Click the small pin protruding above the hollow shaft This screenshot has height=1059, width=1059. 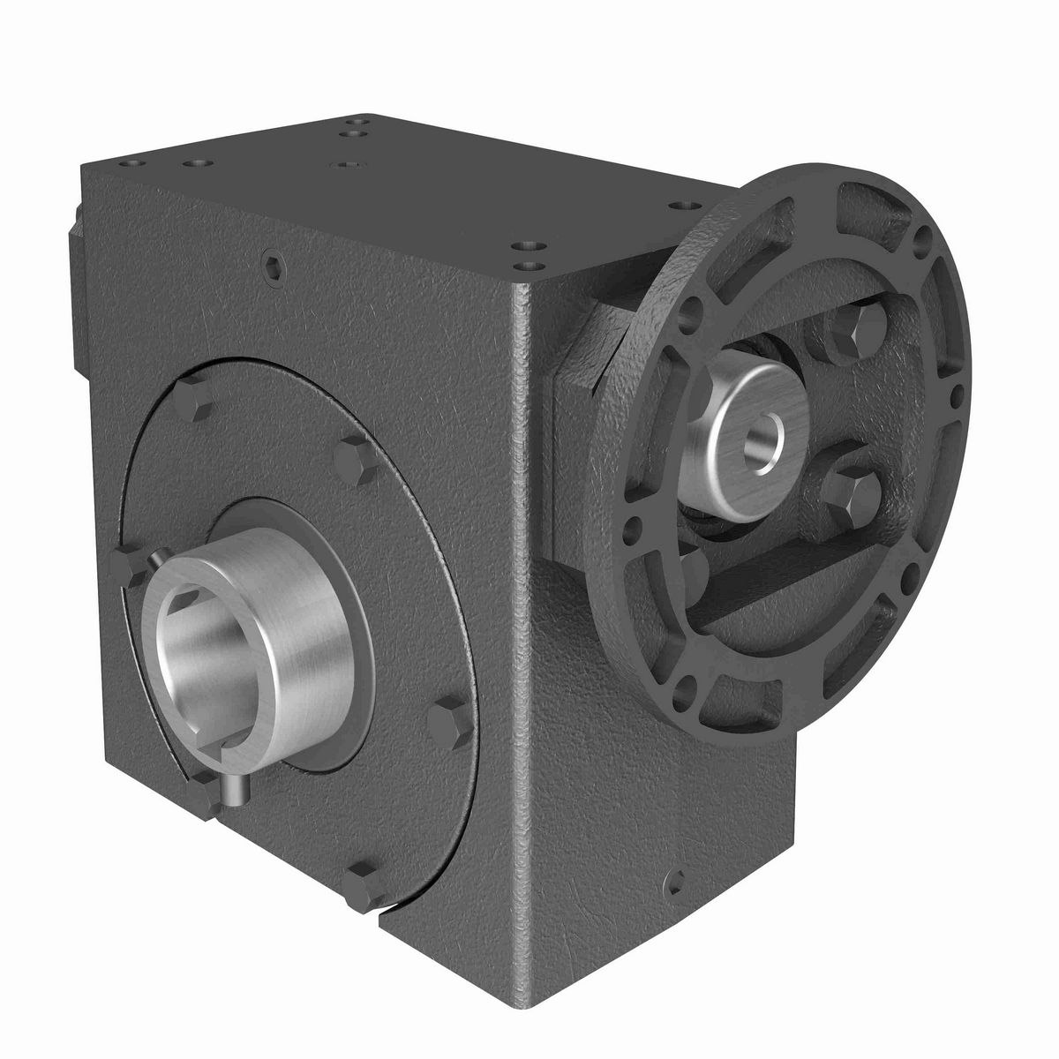pos(155,559)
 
